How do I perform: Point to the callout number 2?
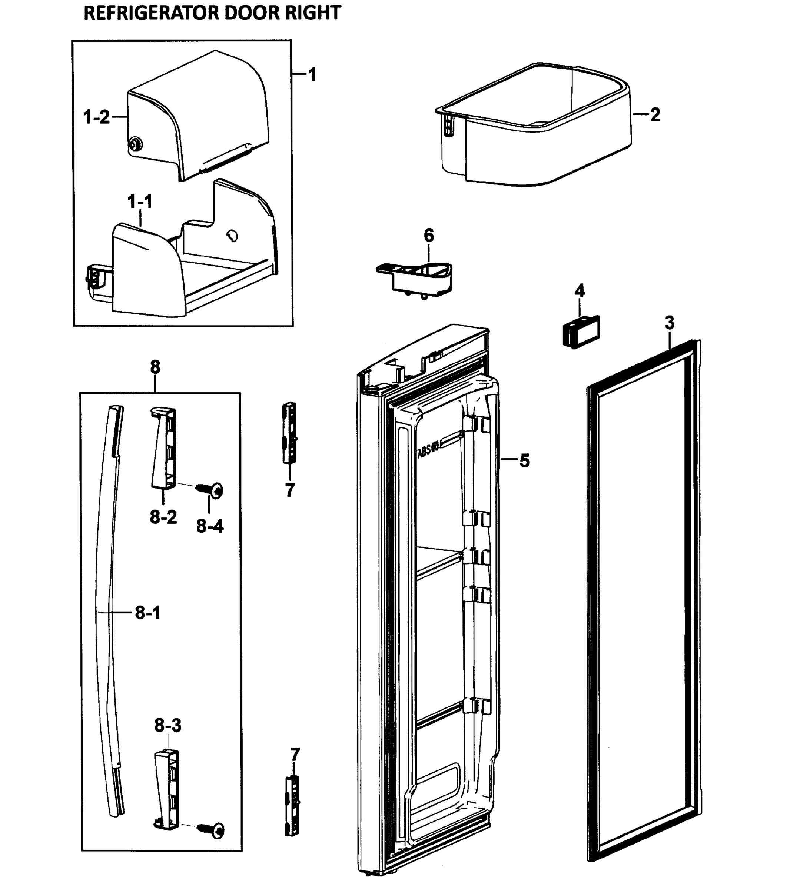click(655, 115)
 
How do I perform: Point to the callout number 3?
click(669, 323)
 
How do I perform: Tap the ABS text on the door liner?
click(428, 450)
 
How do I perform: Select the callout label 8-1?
click(147, 613)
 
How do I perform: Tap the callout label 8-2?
click(163, 517)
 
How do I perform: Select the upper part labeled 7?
click(290, 433)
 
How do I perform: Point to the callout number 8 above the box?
click(155, 367)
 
